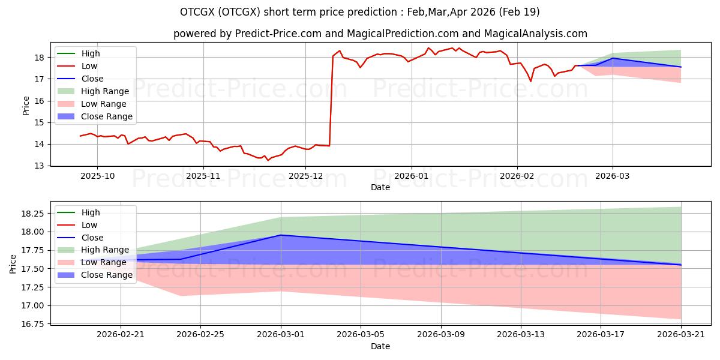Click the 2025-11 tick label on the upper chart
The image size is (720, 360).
[x=203, y=176]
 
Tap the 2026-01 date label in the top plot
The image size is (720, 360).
[x=412, y=176]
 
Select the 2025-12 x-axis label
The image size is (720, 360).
[x=305, y=176]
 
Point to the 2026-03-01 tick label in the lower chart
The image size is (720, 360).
[x=281, y=335]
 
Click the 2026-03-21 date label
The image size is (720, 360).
[x=681, y=335]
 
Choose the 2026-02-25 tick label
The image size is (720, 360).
[x=200, y=335]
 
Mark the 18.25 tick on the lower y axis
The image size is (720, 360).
[x=33, y=214]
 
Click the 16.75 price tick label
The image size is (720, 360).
[x=33, y=324]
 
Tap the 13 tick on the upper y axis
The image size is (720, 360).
[x=39, y=166]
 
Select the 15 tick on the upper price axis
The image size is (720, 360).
[x=39, y=122]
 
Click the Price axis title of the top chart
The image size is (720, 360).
[x=26, y=106]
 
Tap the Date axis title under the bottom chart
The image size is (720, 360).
[x=380, y=346]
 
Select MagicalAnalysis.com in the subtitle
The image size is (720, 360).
[x=535, y=34]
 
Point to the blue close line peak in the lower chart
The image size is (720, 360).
[x=281, y=235]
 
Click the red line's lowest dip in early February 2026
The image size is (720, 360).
[x=530, y=82]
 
